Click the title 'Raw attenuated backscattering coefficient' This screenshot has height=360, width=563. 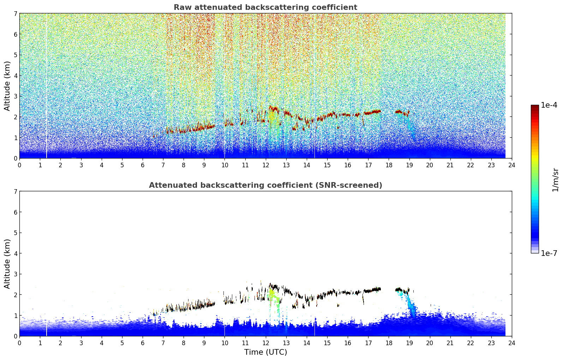click(x=265, y=7)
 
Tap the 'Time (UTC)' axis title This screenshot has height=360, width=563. click(x=265, y=352)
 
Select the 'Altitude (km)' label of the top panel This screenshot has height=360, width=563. click(x=7, y=86)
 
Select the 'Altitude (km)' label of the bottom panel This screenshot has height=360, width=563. click(x=7, y=264)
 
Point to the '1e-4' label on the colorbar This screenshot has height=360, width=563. click(x=549, y=105)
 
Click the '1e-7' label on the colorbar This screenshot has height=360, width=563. click(x=549, y=253)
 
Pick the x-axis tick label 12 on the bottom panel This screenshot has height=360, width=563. click(x=266, y=343)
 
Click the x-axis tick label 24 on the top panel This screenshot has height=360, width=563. click(x=512, y=165)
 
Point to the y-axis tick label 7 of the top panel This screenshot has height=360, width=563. click(x=16, y=13)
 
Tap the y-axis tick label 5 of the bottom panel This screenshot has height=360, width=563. click(x=16, y=233)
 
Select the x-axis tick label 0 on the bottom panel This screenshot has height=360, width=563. click(x=20, y=343)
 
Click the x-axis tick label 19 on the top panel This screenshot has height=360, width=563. click(x=409, y=165)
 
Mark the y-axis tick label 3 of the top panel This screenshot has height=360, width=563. click(x=16, y=96)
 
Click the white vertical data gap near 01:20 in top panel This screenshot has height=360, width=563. click(x=47, y=86)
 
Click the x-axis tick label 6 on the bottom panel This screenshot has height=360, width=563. click(x=143, y=343)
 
